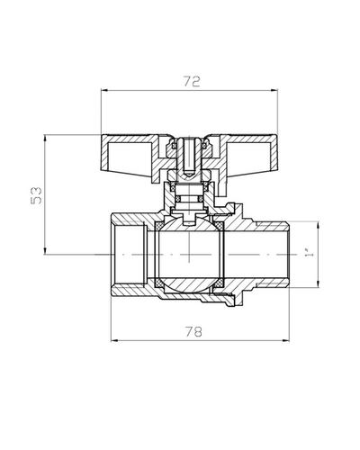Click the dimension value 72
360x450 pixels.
pos(192,81)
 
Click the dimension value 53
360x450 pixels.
pos(37,195)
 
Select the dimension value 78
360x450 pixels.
pos(193,332)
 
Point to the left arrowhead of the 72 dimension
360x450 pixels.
pos(104,90)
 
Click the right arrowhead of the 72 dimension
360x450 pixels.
pos(274,90)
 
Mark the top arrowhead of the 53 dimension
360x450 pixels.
pos(45,139)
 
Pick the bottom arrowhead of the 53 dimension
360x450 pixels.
pos(45,251)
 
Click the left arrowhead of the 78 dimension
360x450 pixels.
pos(114,340)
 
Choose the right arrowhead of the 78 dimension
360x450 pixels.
pos(286,340)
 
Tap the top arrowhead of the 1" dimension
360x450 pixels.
pos(318,225)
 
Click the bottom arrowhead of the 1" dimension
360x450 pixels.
pos(318,283)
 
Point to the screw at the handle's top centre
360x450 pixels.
pos(189,156)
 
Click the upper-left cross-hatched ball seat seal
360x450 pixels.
pos(158,225)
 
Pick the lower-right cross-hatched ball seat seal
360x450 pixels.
pos(220,283)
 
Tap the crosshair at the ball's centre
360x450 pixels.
pos(189,255)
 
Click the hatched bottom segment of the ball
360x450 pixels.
pos(189,285)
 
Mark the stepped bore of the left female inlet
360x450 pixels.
pos(130,255)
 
